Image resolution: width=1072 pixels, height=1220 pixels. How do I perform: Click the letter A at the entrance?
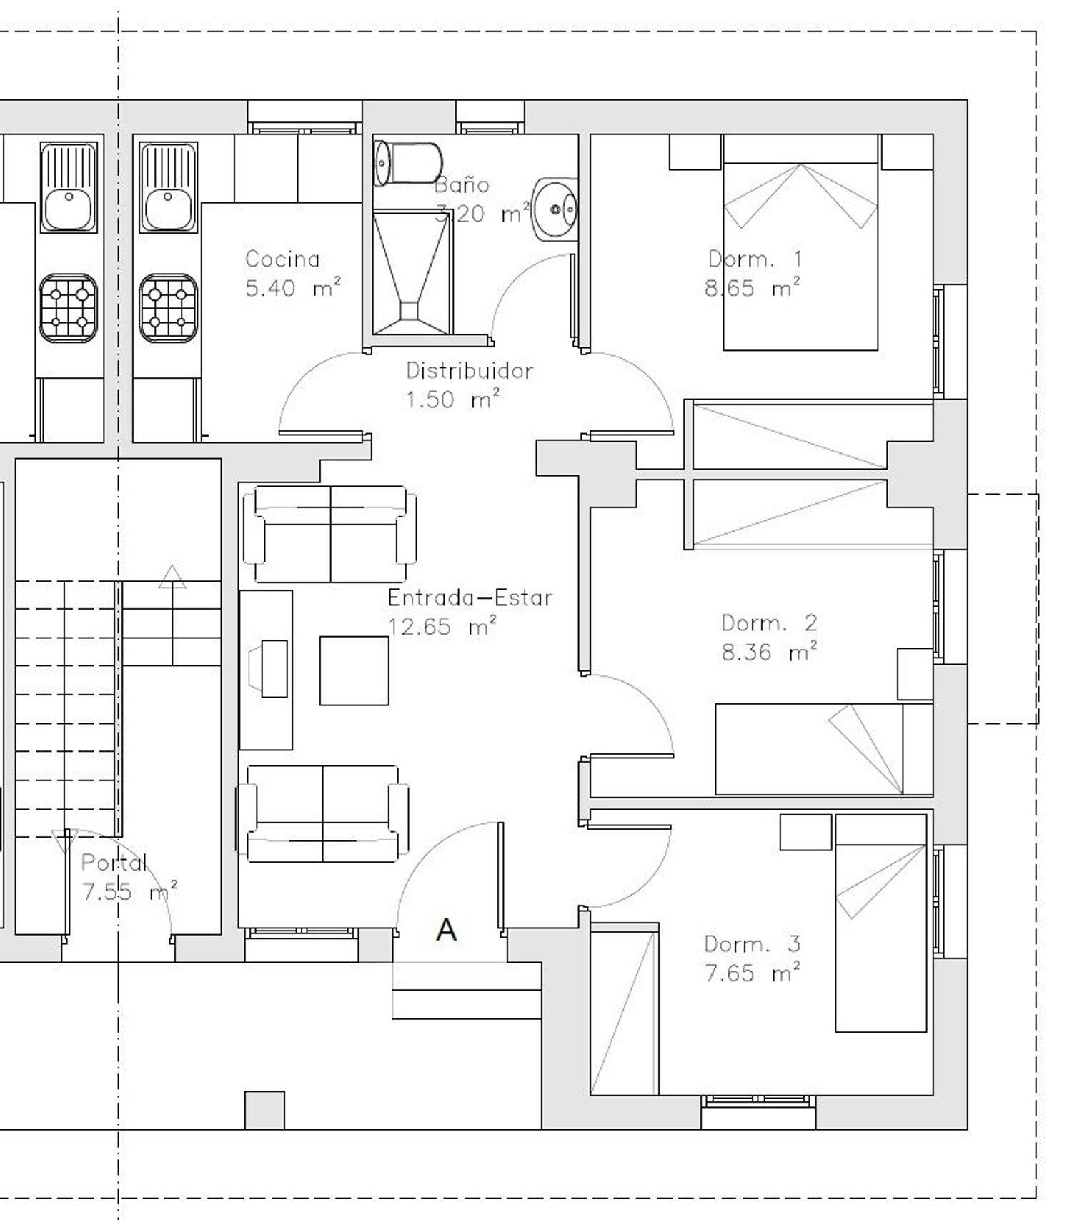(446, 930)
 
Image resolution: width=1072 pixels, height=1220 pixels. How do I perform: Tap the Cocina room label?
(282, 259)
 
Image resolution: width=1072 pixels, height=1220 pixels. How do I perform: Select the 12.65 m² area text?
(442, 627)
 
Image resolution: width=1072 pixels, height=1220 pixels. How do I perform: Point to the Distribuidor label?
(470, 370)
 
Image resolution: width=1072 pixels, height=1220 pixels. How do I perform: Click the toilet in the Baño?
(408, 164)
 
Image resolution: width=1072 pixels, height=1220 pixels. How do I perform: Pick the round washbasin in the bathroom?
(555, 209)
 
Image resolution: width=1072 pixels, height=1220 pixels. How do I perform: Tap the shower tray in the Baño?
(412, 272)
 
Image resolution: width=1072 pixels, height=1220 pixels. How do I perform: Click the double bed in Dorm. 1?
(800, 242)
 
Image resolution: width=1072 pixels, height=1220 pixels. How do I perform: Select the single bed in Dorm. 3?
(881, 923)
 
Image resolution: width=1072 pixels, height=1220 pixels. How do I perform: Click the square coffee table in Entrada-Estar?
(354, 670)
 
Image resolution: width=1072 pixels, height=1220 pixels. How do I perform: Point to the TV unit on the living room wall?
(266, 670)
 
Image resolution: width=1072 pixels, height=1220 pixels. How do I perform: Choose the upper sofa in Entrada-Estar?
(330, 534)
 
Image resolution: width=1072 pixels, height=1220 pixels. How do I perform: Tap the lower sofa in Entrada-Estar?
(323, 813)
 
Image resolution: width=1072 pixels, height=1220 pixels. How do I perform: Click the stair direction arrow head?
(172, 577)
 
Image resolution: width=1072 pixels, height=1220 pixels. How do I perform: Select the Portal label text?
(114, 863)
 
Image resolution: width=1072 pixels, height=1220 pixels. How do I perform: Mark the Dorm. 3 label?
(753, 944)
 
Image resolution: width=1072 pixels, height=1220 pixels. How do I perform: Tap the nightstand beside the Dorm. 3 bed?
(806, 832)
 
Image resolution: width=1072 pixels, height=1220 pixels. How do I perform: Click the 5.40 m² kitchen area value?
(293, 288)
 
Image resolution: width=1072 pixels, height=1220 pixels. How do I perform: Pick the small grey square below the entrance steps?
(264, 1110)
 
